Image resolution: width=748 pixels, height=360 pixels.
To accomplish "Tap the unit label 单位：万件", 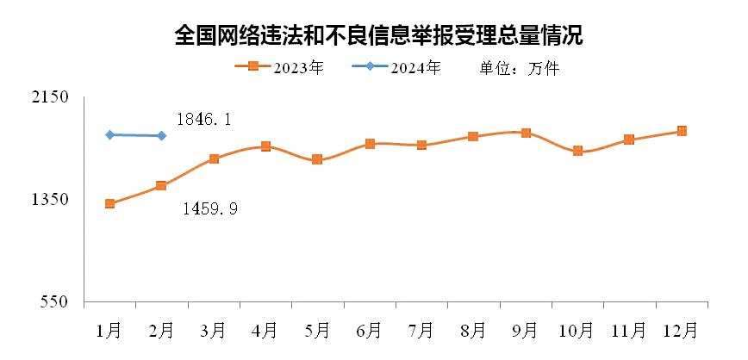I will point(520,68).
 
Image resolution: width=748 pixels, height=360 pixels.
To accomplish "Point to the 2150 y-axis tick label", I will point(50,97).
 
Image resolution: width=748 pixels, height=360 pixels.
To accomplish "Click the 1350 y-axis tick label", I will point(50,200).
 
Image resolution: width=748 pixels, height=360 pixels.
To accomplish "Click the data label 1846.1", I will point(203,121).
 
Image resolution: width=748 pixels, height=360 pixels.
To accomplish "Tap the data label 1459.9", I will point(210,208).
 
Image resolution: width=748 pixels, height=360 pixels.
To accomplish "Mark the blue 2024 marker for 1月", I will point(109,134).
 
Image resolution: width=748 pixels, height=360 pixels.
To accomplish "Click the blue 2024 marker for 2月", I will point(162,135).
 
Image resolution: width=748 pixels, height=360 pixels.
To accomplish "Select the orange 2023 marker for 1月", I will point(109,204).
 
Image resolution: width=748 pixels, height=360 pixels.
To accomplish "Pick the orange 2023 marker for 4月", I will point(265,146).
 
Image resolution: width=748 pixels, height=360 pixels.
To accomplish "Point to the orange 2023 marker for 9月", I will point(526,133).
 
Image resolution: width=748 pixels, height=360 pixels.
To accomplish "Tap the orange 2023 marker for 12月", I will point(682,131).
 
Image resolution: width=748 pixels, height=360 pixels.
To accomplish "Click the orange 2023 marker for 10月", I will point(577,151).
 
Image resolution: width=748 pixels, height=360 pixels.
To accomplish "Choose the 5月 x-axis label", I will point(317,329).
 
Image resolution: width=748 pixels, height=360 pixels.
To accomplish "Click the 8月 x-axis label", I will point(473,329).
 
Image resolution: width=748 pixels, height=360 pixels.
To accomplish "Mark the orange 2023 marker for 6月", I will point(370,144).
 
